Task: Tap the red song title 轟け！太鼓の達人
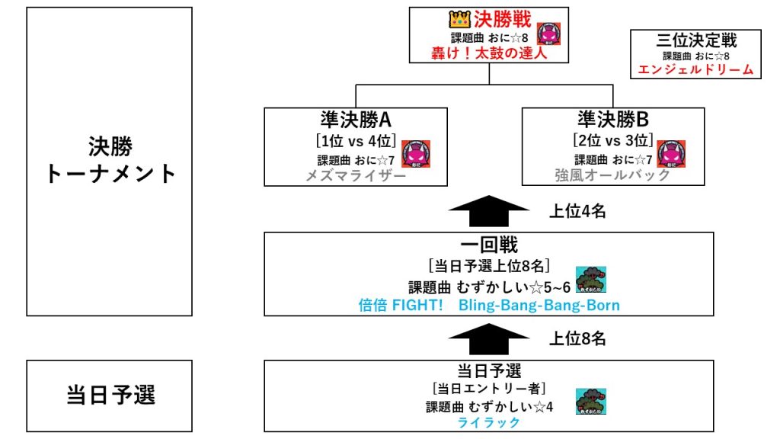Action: (x=488, y=54)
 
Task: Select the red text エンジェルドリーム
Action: (x=695, y=70)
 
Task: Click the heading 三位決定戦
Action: (x=696, y=40)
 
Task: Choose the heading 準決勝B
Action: (x=612, y=120)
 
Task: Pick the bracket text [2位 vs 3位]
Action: (x=612, y=141)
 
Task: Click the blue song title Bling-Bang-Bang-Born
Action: (x=539, y=306)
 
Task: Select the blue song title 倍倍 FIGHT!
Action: (x=401, y=306)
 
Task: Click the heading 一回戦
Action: (x=489, y=245)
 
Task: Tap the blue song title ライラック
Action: (x=489, y=422)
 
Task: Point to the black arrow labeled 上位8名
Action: (x=488, y=337)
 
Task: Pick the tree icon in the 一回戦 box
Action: (x=590, y=280)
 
